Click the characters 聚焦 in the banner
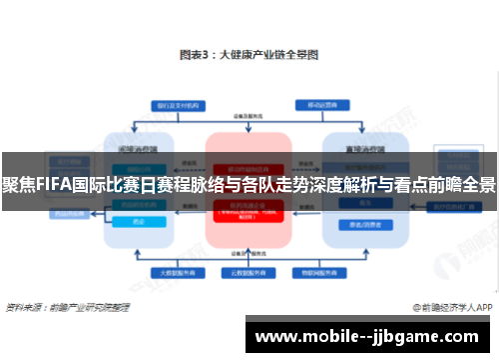pyautogui.click(x=15, y=185)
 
